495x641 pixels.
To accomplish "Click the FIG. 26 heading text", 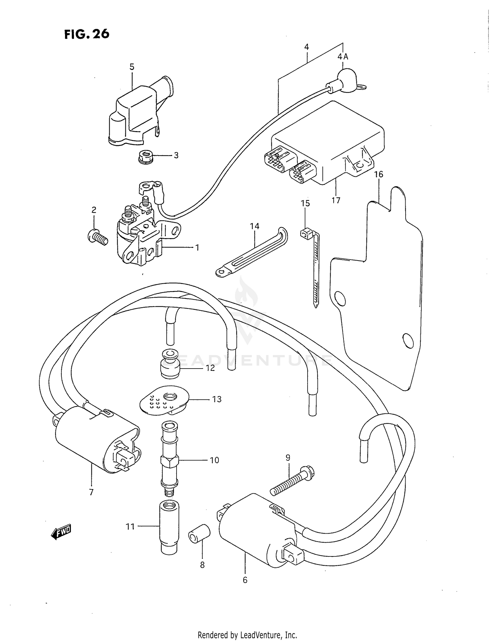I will click(x=87, y=34).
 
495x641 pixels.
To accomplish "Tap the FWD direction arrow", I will click(x=61, y=532).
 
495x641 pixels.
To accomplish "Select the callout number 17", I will click(x=336, y=200).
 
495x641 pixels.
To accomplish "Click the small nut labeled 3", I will click(x=145, y=156).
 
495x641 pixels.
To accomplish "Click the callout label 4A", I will click(x=343, y=57).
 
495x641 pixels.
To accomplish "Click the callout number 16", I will click(x=379, y=174).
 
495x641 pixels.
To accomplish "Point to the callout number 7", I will click(x=91, y=501).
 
